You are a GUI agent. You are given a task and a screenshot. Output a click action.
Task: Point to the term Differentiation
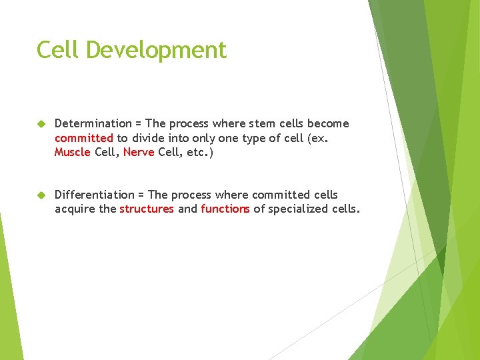tap(94, 195)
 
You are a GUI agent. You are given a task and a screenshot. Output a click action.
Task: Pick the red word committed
tap(84, 138)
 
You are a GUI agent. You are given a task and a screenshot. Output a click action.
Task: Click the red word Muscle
tap(73, 153)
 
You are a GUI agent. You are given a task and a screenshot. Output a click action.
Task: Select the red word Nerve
tap(139, 153)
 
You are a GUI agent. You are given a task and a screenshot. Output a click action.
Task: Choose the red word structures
tap(147, 209)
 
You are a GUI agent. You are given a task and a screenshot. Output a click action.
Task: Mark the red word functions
tap(225, 209)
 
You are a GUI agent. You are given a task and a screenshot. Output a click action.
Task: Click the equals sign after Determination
tap(139, 124)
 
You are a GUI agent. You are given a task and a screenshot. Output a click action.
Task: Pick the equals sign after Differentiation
tap(141, 195)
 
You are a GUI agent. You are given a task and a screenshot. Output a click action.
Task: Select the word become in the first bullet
tap(328, 123)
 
